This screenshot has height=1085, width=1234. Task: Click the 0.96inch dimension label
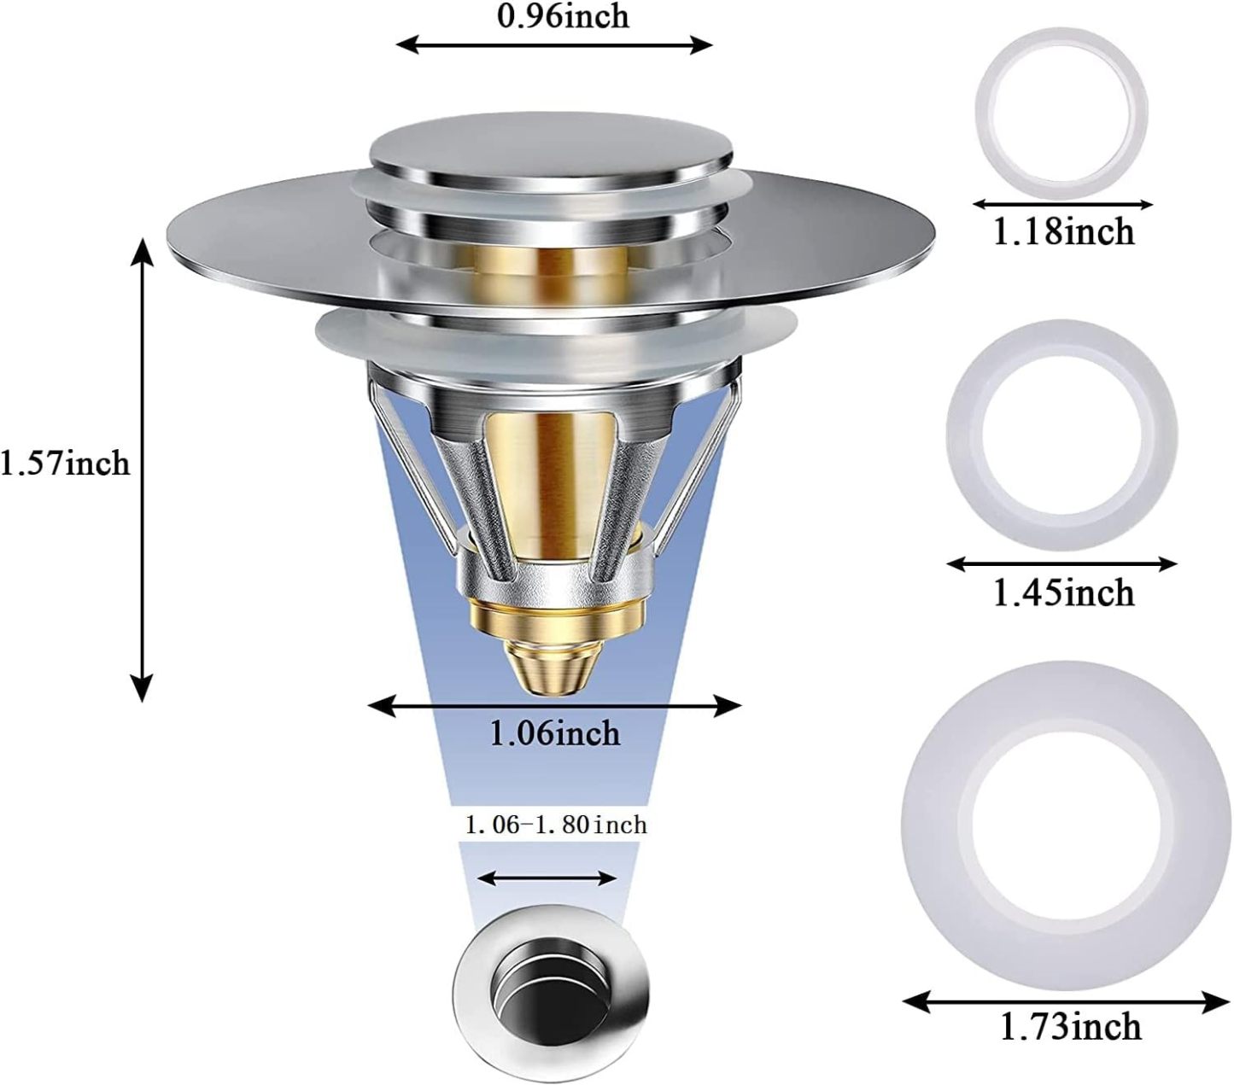pos(563,16)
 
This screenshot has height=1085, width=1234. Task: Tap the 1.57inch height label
pos(65,464)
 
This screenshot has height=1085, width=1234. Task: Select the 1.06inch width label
pos(554,732)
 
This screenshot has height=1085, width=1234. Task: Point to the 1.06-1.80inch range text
pos(555,825)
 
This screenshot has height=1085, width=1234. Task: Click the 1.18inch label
pos(1063,231)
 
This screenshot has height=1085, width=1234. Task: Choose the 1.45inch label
pos(1063,592)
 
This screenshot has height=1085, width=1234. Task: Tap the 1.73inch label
pos(1069,1025)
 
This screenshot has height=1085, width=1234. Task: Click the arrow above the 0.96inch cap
pos(554,44)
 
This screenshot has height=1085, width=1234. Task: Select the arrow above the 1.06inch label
pos(554,705)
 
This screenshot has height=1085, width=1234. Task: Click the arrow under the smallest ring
pos(1063,204)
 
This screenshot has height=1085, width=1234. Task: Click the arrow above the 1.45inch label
pos(1063,563)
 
